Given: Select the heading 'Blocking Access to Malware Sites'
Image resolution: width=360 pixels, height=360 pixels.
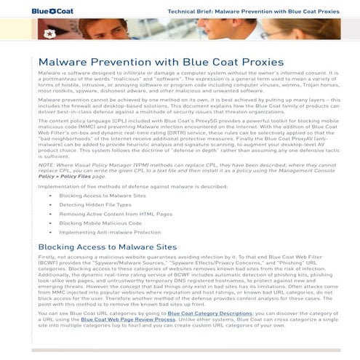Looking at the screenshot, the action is point(107,247).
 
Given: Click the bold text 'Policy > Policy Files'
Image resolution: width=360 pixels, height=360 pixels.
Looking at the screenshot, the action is point(65,176).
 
